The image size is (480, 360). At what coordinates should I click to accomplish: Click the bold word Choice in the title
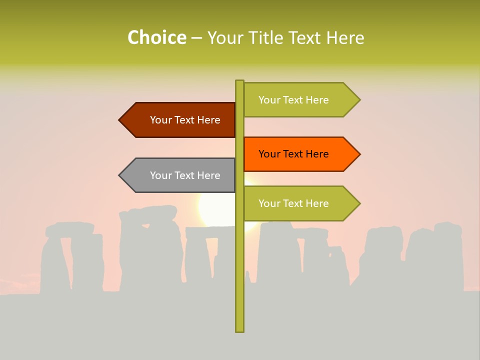click(x=156, y=37)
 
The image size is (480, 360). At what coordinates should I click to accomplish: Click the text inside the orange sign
click(x=293, y=154)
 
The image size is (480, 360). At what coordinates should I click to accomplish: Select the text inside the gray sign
click(x=185, y=175)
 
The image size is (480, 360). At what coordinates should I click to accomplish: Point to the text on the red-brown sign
click(x=185, y=120)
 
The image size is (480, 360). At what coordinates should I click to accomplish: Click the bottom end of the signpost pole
click(x=239, y=330)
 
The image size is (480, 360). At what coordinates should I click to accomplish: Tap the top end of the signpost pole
click(x=239, y=81)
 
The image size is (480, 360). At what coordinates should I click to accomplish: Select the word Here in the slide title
click(x=345, y=37)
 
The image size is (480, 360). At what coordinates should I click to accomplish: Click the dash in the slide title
click(x=196, y=38)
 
